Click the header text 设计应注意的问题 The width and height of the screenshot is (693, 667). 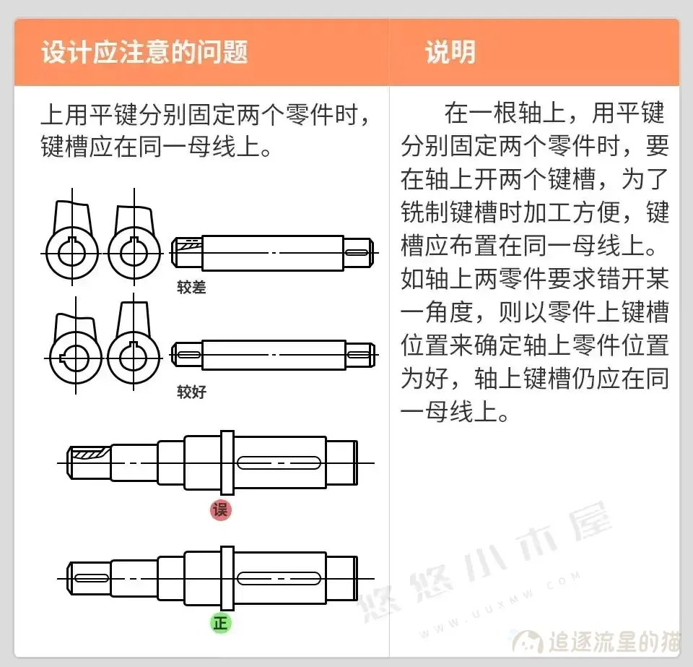[x=144, y=53]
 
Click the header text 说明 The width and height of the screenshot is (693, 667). [x=450, y=53]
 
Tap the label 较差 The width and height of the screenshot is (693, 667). [x=191, y=288]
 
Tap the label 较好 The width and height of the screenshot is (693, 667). [x=191, y=392]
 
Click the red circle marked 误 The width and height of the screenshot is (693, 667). [x=220, y=509]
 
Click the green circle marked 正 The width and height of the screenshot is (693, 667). [x=220, y=623]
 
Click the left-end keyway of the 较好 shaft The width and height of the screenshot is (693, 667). [x=188, y=355]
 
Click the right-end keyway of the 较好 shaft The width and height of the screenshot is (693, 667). [x=358, y=355]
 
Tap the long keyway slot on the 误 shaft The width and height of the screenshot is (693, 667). [x=279, y=462]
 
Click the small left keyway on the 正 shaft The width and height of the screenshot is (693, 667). [x=91, y=577]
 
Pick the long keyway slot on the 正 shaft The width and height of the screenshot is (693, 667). [x=279, y=577]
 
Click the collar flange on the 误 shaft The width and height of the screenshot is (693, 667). [x=227, y=462]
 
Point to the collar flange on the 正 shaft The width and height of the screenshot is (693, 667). [x=227, y=577]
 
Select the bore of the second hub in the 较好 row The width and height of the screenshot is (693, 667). [x=134, y=356]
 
